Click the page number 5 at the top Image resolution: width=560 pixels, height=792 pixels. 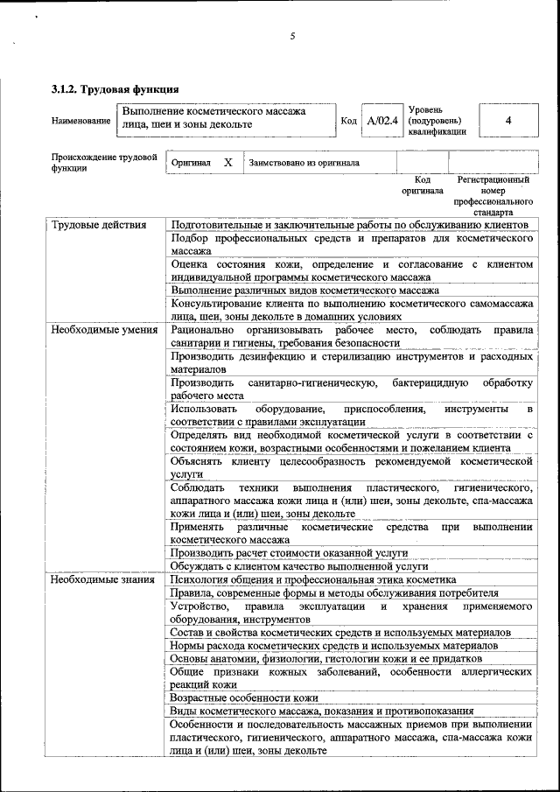click(x=293, y=36)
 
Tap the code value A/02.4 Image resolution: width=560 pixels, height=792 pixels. click(x=382, y=120)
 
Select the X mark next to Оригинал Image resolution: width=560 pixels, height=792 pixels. click(x=227, y=163)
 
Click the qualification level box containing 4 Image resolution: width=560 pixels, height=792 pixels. click(x=508, y=120)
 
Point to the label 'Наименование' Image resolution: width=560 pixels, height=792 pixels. click(x=81, y=120)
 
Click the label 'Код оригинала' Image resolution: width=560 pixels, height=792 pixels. click(x=423, y=185)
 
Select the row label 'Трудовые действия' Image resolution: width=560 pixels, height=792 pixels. click(x=98, y=225)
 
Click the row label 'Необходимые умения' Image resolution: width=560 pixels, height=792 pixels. click(x=103, y=330)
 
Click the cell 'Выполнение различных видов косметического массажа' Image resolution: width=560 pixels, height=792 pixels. click(x=304, y=291)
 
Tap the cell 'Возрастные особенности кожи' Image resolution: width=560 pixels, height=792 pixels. click(x=244, y=697)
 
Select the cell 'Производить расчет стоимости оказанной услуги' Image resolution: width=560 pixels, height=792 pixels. click(x=289, y=553)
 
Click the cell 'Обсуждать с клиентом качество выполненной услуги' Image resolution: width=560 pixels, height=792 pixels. click(x=298, y=566)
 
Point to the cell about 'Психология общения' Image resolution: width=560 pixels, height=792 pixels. click(x=313, y=579)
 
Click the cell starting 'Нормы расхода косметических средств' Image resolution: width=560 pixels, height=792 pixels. click(x=334, y=645)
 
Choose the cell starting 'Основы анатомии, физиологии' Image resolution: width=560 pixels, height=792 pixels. click(x=325, y=658)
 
